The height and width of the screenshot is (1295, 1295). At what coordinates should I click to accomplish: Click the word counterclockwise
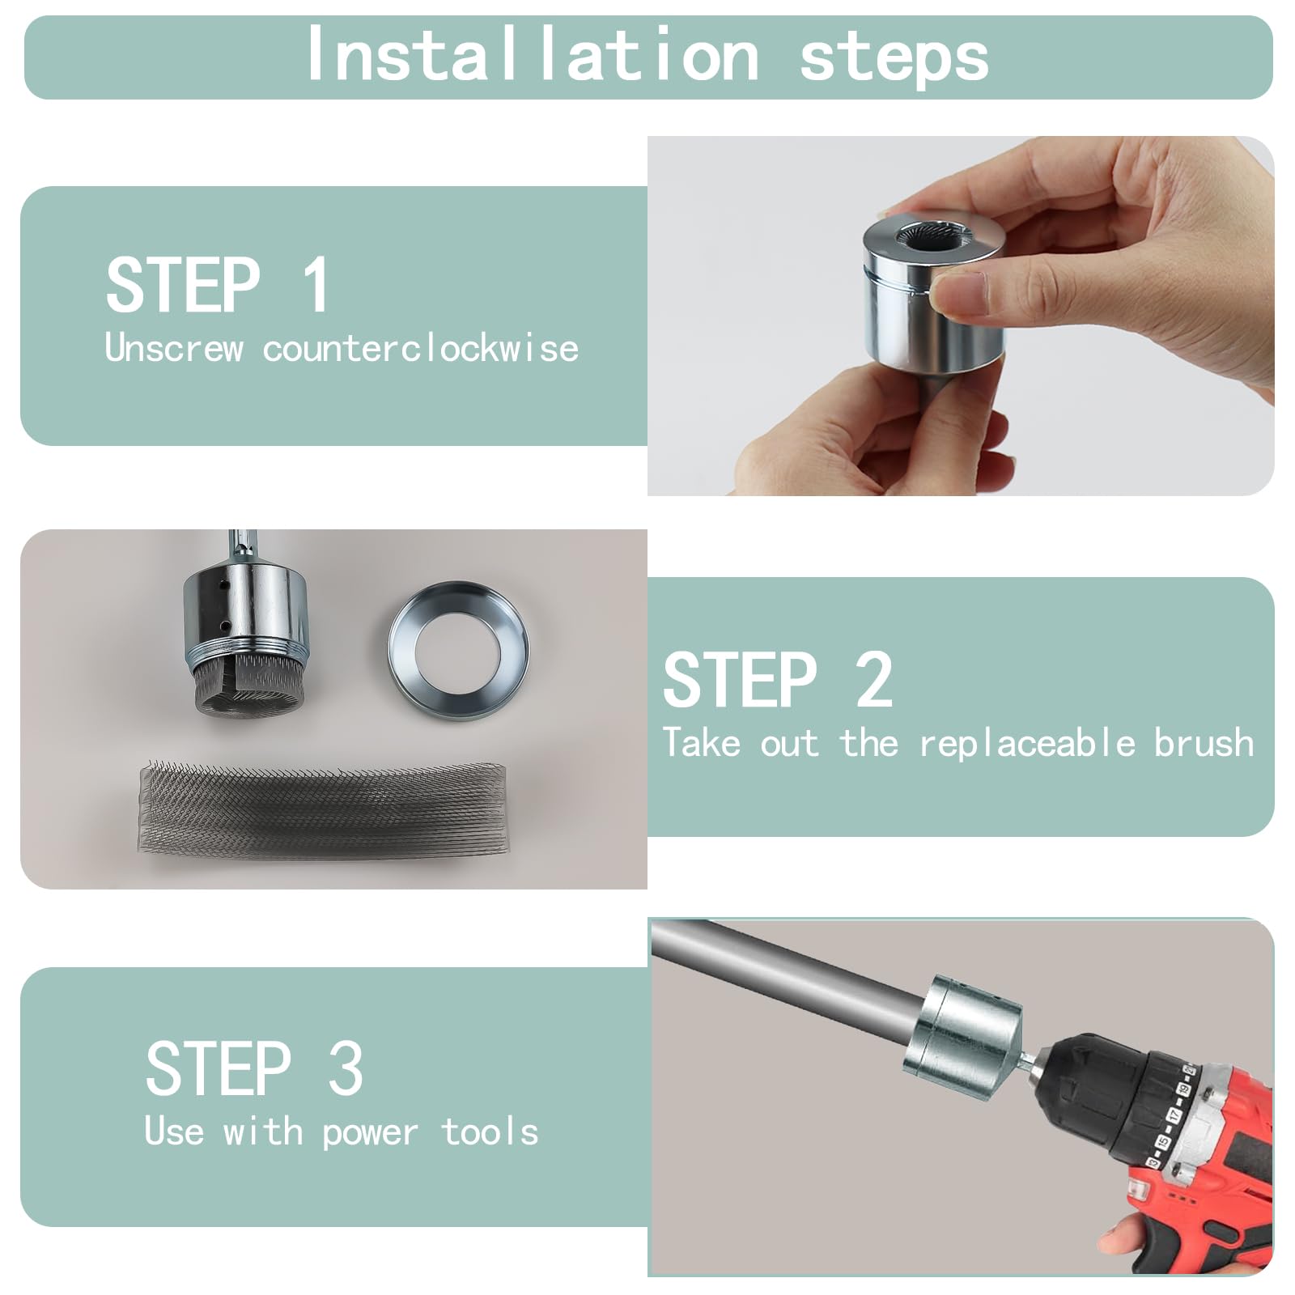(420, 349)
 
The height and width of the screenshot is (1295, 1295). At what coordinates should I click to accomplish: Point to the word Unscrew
(174, 349)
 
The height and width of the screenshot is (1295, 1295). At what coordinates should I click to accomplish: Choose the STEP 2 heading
(778, 680)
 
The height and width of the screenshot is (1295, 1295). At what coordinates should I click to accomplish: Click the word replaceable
(1027, 744)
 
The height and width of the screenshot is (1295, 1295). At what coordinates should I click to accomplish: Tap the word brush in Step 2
(1204, 743)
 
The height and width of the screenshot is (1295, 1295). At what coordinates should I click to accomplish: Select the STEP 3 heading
(254, 1068)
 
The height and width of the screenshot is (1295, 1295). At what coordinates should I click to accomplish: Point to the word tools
(490, 1132)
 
